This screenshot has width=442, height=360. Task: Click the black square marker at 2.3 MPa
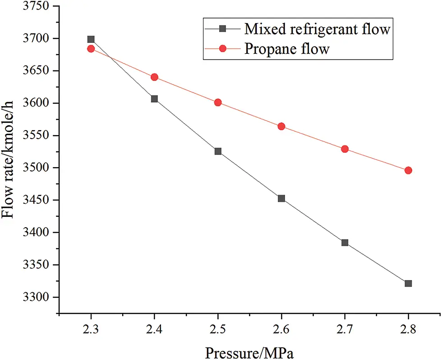coord(91,39)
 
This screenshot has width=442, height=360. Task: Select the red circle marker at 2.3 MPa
coord(91,49)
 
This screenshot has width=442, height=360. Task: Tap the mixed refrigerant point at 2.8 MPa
coord(408,283)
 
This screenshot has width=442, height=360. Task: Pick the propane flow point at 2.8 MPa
coord(408,170)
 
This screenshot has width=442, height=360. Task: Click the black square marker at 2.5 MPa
coord(218,151)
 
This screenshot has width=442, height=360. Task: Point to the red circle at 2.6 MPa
coord(281,126)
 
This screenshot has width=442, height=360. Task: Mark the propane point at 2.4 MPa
coord(154,77)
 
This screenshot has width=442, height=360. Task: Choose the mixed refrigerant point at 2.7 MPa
coord(345,243)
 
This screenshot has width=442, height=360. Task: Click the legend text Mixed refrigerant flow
coord(317,29)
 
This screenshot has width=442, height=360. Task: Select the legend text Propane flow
coord(287,49)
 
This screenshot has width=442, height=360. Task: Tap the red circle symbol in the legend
coord(222,49)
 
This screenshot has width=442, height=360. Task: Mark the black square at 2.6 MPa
coord(281,198)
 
